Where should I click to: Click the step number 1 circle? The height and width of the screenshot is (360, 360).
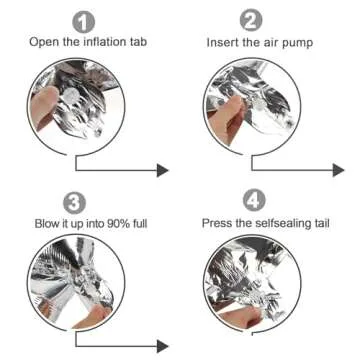click(84, 22)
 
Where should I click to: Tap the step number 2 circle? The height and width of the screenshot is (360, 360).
click(251, 20)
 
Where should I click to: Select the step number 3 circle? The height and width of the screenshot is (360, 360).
click(74, 203)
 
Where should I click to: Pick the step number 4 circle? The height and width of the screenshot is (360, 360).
click(254, 200)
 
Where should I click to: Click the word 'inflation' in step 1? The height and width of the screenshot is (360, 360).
click(101, 42)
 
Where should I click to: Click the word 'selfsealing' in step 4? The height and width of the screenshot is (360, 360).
click(282, 223)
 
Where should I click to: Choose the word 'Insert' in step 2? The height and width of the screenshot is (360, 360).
click(220, 43)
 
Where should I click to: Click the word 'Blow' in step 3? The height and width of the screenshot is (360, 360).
click(46, 223)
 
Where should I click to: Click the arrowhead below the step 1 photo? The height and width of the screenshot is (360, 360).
click(163, 170)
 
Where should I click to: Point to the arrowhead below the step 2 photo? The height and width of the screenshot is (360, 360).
click(338, 170)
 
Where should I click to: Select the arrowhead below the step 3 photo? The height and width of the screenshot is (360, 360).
click(163, 346)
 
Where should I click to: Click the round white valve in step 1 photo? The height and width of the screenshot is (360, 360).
click(72, 96)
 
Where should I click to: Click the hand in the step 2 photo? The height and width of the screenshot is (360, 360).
click(227, 117)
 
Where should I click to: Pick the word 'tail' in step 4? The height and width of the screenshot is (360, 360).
click(323, 223)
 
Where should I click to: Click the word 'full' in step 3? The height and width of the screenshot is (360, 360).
click(139, 223)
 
